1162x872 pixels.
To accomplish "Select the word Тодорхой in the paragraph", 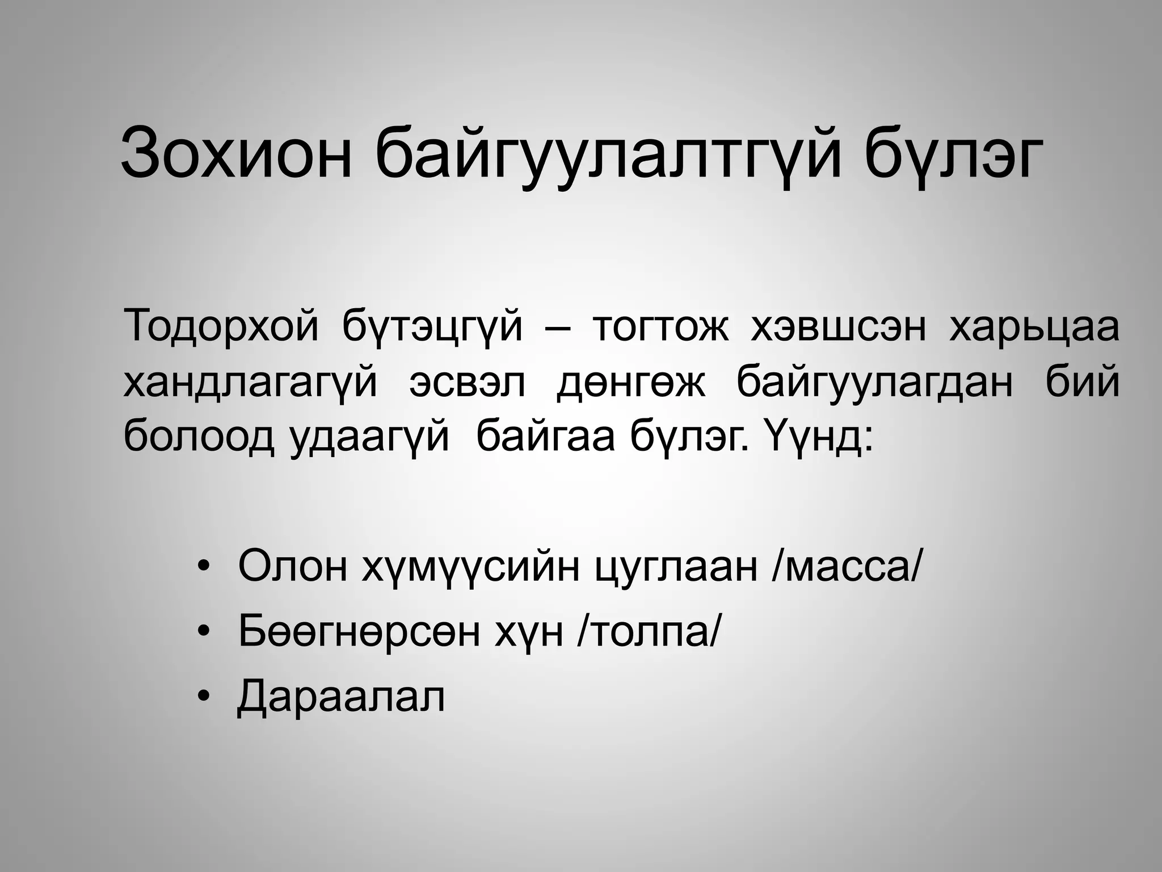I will (x=221, y=326).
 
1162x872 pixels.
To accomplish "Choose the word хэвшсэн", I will (x=838, y=327).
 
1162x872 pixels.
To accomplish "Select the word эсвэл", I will (x=467, y=382).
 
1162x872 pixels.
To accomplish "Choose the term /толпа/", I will (x=647, y=632).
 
